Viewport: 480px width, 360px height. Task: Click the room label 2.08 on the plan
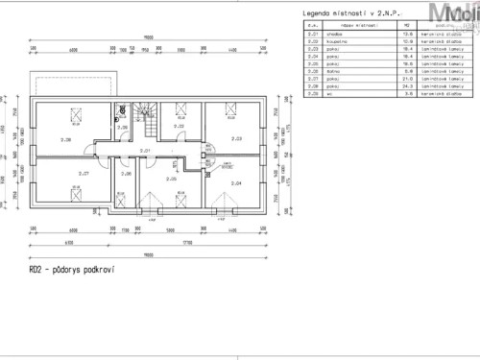(65, 139)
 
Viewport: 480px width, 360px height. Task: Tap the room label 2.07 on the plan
(84, 174)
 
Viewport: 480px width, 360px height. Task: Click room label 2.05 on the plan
(171, 180)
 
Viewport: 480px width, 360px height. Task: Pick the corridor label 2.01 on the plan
(145, 151)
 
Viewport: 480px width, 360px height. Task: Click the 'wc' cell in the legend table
(336, 93)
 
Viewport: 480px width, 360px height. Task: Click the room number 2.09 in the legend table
(312, 93)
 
